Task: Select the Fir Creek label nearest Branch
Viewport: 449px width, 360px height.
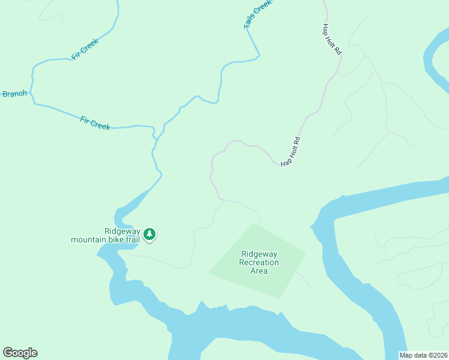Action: [x=95, y=123]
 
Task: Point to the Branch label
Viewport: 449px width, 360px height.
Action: [x=14, y=94]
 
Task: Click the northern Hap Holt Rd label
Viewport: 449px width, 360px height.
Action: [x=332, y=40]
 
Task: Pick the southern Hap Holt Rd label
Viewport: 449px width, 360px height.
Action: [x=291, y=152]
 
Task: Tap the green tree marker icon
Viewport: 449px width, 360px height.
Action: [x=149, y=234]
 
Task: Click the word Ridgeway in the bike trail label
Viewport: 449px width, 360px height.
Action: [x=122, y=231]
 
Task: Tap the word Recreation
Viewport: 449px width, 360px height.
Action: [x=259, y=262]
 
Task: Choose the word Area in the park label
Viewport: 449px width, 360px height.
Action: [x=259, y=271]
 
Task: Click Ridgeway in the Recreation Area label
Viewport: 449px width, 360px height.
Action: [x=259, y=254]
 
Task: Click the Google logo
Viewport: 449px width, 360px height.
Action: [x=20, y=353]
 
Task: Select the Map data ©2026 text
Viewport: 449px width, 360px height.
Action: [x=423, y=355]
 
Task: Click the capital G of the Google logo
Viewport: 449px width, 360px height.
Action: [x=7, y=353]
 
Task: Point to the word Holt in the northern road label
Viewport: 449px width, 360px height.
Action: [x=332, y=40]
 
